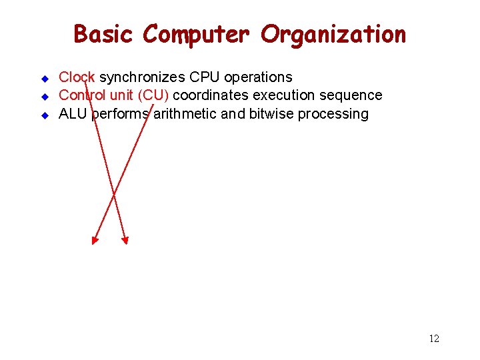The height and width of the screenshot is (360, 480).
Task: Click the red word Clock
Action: (77, 77)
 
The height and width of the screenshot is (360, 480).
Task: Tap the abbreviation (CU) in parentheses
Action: (153, 96)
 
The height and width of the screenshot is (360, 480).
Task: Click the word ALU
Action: (73, 114)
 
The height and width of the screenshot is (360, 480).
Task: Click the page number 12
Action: (434, 339)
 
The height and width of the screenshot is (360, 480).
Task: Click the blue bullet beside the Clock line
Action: (45, 79)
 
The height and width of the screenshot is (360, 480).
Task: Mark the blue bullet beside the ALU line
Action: (45, 115)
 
